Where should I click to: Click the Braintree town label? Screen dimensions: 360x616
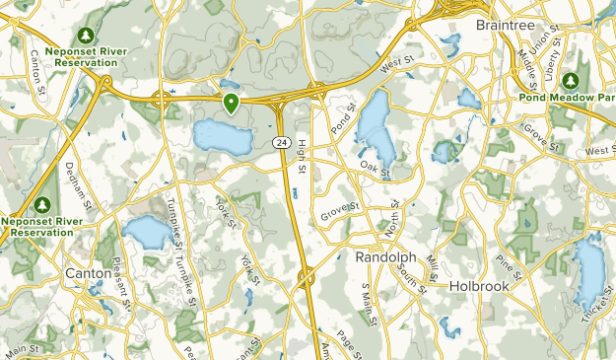pos(504,24)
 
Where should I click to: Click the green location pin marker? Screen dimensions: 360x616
pos(232,103)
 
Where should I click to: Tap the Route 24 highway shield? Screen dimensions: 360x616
pos(282,144)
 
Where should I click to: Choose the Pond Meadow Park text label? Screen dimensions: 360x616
pos(567,99)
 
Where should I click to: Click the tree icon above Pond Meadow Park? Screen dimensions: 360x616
pos(569,81)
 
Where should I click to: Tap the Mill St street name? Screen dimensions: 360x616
pos(432,265)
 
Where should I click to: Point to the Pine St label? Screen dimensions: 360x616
pos(510,263)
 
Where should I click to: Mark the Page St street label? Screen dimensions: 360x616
pos(348,340)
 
